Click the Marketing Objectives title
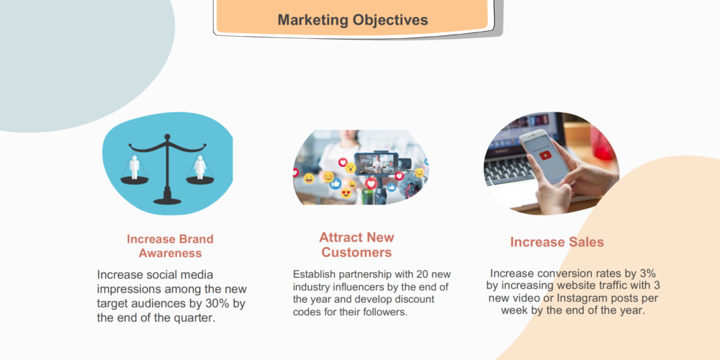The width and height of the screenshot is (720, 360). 353,19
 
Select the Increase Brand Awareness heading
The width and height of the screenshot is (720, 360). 170,246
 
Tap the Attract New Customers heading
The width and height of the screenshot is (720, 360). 356,245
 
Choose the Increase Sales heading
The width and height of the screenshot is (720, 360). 557,242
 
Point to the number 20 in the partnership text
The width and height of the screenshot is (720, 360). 422,274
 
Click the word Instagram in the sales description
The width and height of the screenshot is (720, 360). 580,298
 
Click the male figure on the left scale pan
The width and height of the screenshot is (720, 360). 134,167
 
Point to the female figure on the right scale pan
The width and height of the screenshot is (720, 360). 199,167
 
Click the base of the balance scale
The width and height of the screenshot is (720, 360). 167,200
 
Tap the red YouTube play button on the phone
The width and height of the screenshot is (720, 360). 546,155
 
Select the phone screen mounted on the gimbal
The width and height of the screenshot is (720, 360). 375,163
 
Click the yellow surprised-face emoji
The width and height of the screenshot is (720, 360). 351,168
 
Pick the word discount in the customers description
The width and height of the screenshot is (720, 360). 416,300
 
